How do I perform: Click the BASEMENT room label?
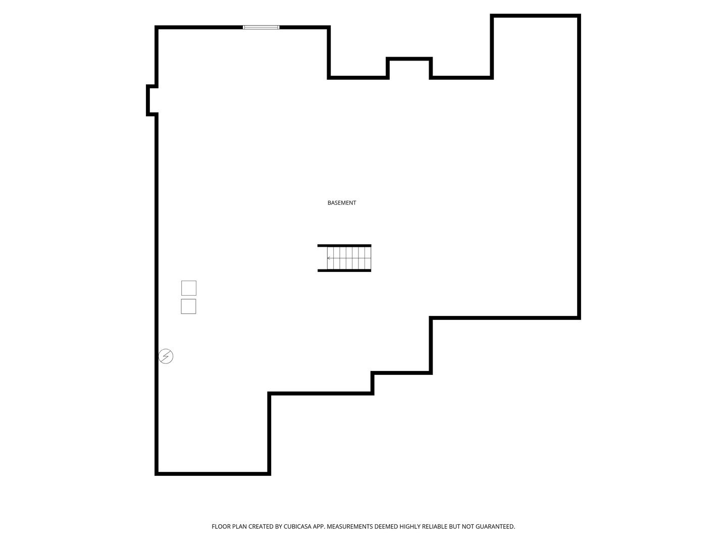(x=341, y=203)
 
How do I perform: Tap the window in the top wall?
(x=261, y=27)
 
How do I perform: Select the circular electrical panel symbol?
(x=166, y=356)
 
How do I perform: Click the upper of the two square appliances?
(x=189, y=288)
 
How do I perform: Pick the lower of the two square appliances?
(x=188, y=306)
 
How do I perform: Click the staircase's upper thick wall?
(x=344, y=246)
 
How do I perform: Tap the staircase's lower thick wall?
(x=344, y=270)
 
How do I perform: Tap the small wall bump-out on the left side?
(x=151, y=100)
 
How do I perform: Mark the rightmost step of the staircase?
(x=368, y=258)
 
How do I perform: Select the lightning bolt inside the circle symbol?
(x=166, y=356)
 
